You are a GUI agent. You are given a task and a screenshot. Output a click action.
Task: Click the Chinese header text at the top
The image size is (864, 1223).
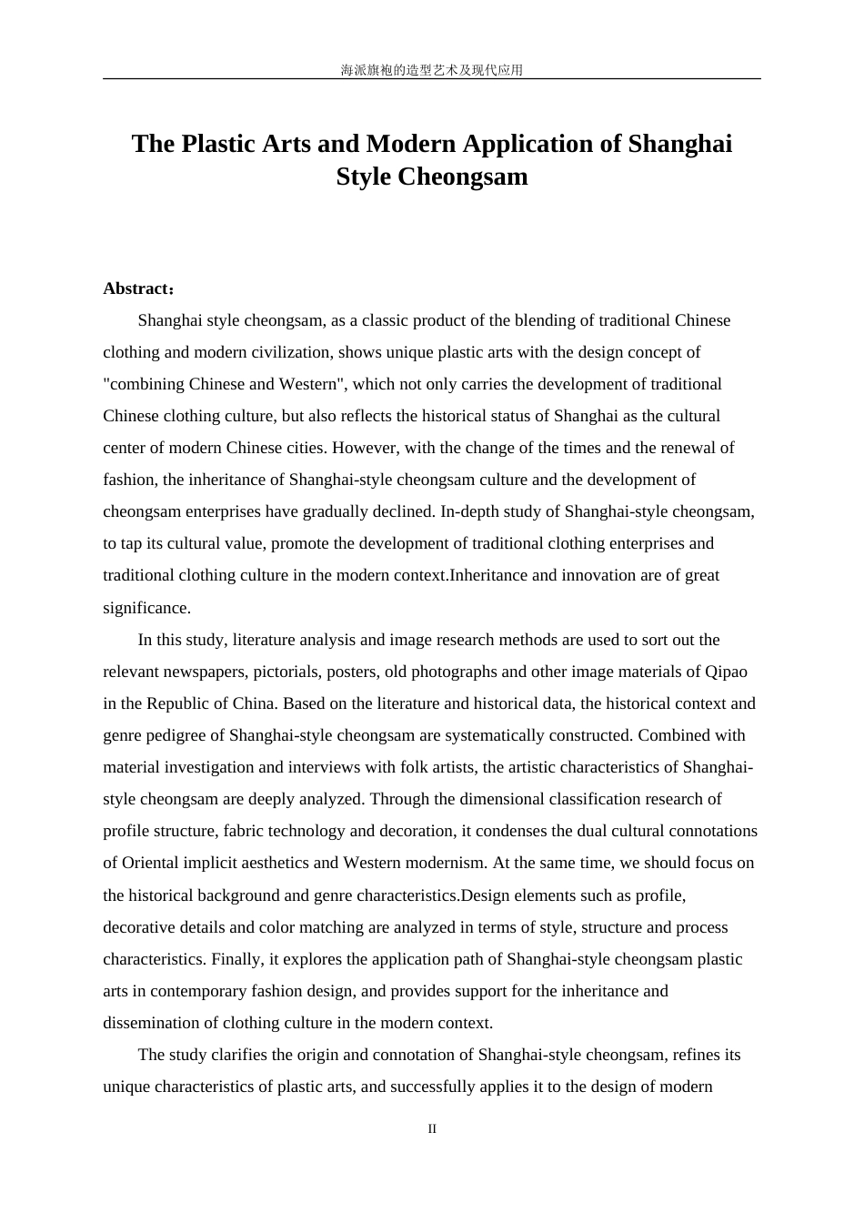[x=431, y=70]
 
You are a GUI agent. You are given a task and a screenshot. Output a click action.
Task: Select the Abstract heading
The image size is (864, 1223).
[x=136, y=288]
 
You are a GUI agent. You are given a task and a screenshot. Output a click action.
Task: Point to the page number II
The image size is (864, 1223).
[x=432, y=1129]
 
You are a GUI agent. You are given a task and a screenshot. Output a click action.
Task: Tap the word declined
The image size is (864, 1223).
[x=403, y=511]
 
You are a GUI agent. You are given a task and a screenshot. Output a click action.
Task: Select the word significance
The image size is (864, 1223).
[x=146, y=608]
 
